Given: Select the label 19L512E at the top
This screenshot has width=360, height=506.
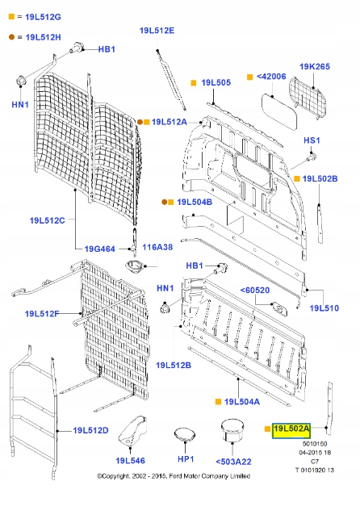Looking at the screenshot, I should pos(156,30).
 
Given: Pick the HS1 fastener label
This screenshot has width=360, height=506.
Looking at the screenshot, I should pos(312,140).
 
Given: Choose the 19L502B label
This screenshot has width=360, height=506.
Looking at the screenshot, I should pos(320,178).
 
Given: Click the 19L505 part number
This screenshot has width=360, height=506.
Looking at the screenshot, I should pos(216,82).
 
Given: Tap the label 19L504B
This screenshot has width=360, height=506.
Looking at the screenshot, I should pos(194,203).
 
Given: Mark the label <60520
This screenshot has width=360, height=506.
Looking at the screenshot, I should pos(256,290).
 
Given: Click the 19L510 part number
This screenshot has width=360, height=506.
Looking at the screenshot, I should pos(325,308).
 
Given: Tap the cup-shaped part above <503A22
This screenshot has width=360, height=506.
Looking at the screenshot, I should pos(232,432).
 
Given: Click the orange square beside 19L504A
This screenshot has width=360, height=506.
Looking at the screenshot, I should pos(217,401).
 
